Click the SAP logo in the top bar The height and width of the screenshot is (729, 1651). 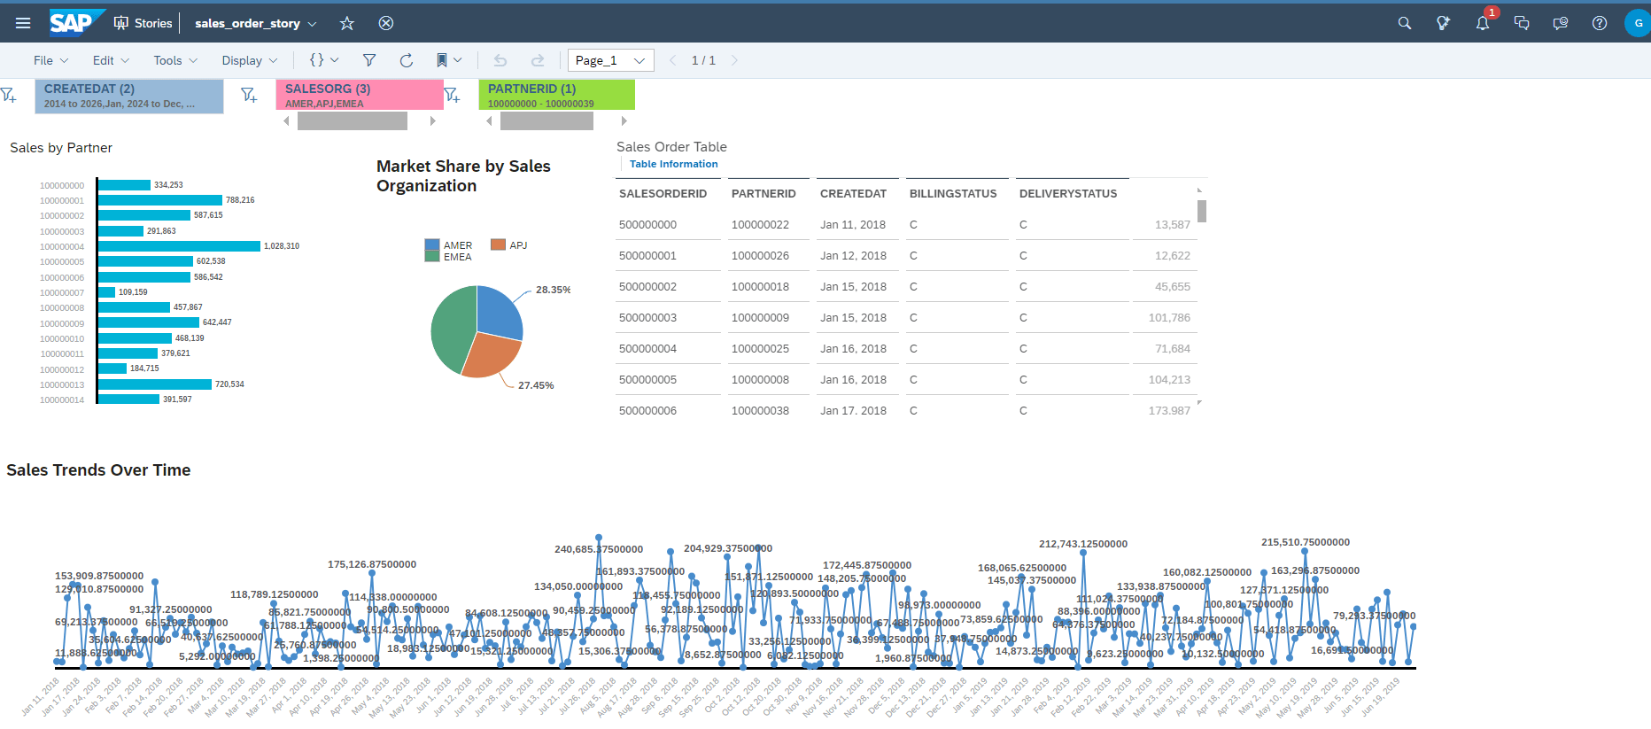point(73,22)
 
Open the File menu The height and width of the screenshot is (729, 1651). point(50,60)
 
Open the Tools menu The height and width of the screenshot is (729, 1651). point(174,60)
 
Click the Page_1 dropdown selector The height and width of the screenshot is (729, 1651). point(610,60)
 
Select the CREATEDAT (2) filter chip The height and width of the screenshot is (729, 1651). point(129,96)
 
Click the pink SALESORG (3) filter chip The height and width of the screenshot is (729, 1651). point(359,95)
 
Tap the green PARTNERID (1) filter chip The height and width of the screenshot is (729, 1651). point(556,95)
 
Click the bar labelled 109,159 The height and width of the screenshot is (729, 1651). point(107,292)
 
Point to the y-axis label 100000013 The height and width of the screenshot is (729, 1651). point(62,385)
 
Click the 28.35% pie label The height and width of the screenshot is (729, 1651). point(553,290)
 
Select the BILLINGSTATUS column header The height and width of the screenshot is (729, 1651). point(953,193)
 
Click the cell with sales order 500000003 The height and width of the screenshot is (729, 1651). point(647,317)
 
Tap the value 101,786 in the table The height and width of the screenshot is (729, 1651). point(1168,317)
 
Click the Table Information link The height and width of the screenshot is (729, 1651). point(673,164)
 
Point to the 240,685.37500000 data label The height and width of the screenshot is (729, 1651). point(599,549)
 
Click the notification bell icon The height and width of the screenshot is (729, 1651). point(1482,23)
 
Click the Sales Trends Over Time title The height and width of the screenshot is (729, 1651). point(98,470)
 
